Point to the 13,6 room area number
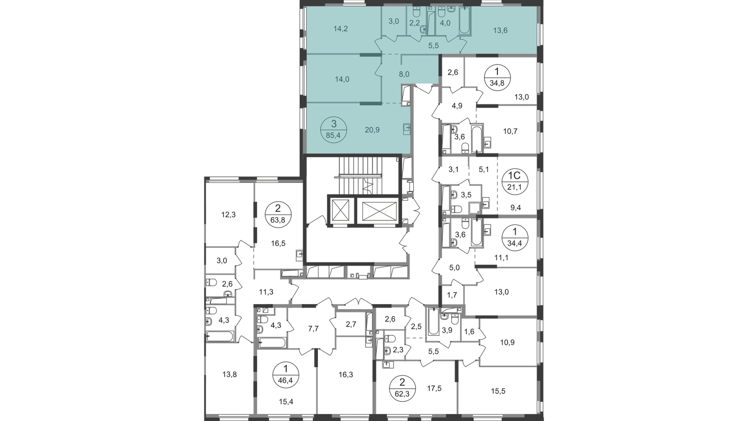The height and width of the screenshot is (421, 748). click(x=500, y=30)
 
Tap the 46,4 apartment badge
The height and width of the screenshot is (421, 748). click(x=286, y=375)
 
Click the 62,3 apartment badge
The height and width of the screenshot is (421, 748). click(x=403, y=388)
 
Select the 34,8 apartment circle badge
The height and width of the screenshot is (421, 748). click(x=497, y=77)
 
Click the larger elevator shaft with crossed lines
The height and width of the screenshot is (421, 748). click(x=378, y=210)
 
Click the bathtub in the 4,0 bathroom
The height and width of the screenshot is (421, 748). click(x=465, y=21)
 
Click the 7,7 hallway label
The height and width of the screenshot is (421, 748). click(x=313, y=329)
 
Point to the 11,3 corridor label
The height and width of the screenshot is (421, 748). click(x=266, y=292)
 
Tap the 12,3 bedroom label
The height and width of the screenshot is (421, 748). click(x=229, y=215)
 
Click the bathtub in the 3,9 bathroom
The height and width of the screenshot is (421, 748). click(x=433, y=321)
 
